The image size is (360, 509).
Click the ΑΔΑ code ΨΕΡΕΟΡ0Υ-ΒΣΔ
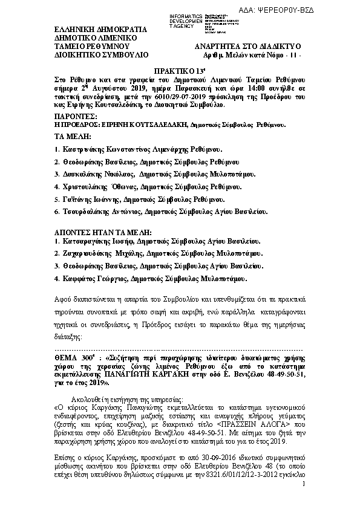(319, 12)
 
